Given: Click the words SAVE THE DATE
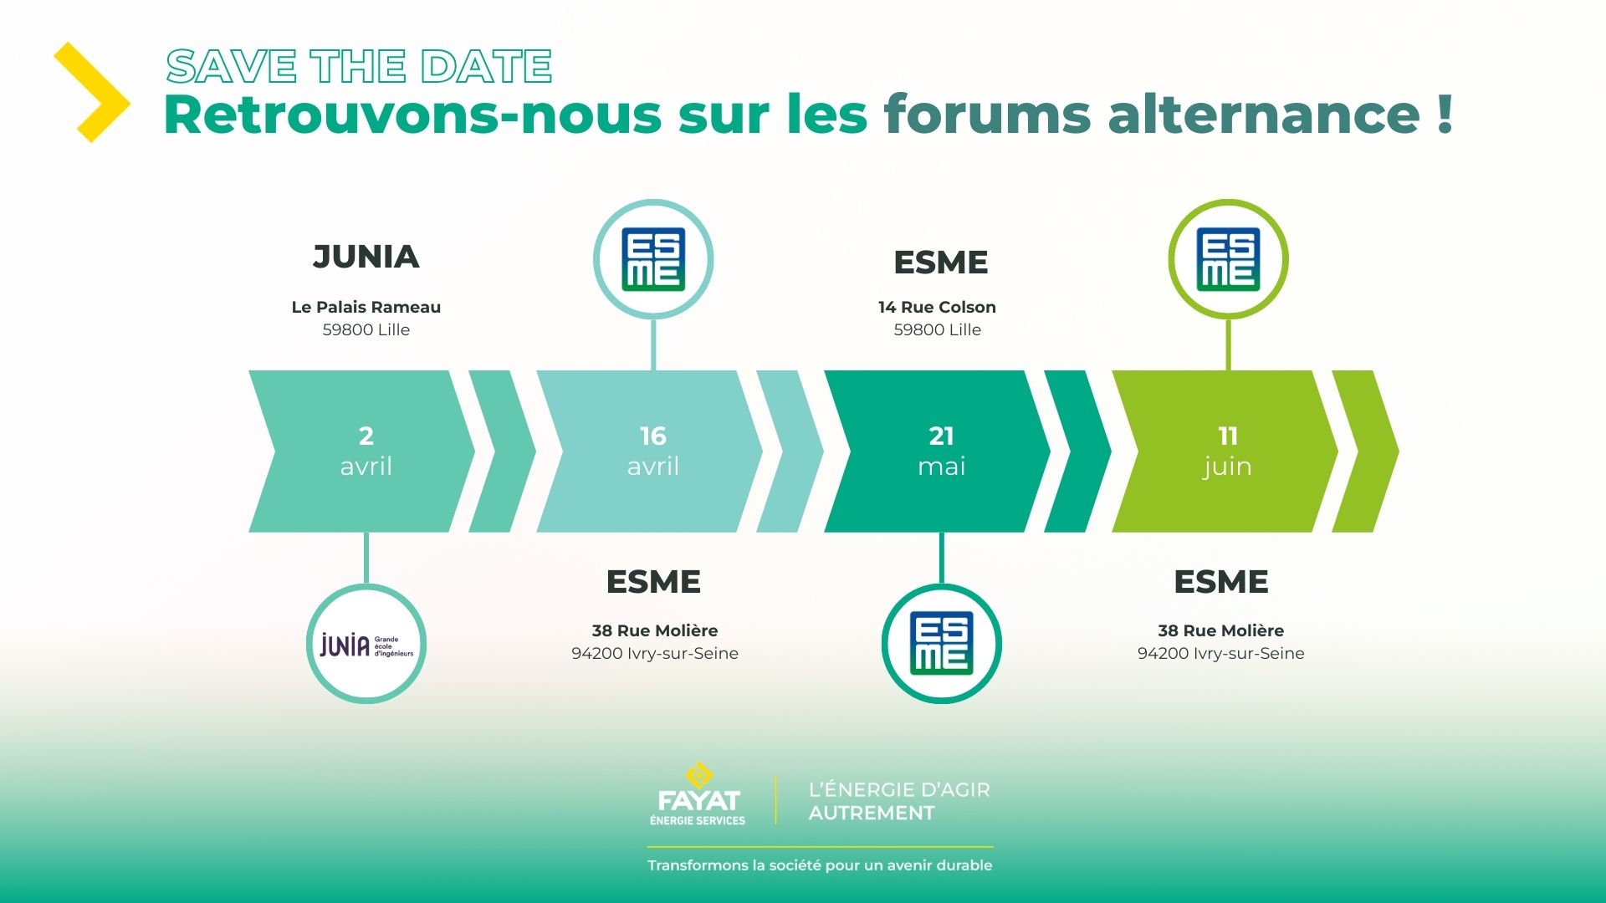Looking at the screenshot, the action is click(359, 67).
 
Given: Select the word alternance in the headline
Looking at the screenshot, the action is click(1264, 114).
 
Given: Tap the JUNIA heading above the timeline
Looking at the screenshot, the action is click(366, 257).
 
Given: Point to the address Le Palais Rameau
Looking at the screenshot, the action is click(366, 307).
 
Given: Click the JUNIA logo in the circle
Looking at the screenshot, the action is click(366, 644).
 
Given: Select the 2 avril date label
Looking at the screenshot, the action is click(366, 451).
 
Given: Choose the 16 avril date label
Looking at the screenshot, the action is click(653, 451).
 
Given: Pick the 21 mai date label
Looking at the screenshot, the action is click(942, 451).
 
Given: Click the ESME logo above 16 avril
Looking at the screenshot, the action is click(653, 259).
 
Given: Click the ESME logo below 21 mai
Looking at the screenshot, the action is click(942, 643).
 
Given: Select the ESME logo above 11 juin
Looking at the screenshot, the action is click(1228, 259).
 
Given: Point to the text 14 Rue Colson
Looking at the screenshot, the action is click(937, 307).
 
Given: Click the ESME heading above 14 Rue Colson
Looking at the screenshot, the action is click(941, 263).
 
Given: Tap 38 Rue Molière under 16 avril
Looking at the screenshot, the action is click(655, 630).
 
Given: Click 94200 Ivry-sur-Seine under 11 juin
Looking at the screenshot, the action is click(1221, 653).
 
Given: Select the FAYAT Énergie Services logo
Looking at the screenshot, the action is click(698, 794).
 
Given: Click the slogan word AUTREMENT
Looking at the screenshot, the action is click(872, 813).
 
